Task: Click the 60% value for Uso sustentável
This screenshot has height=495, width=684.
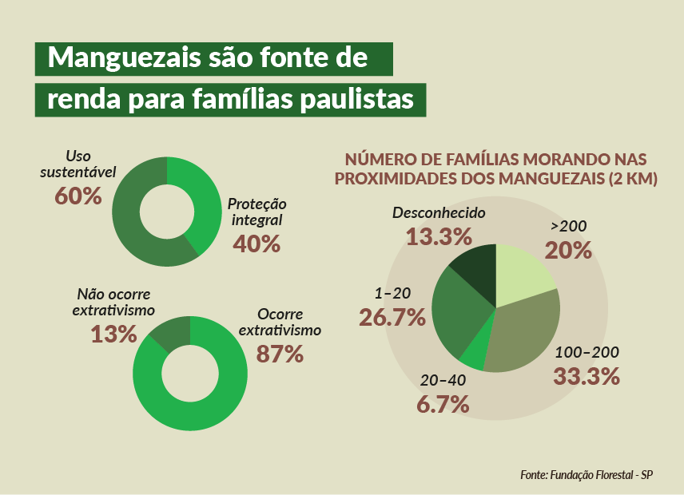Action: [x=78, y=196]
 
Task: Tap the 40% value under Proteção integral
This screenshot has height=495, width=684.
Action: [x=256, y=244]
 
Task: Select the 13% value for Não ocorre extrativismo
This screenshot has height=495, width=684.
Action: [x=113, y=334]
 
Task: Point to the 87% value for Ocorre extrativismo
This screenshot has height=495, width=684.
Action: [x=280, y=354]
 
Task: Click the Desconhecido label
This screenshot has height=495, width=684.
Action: [x=439, y=213]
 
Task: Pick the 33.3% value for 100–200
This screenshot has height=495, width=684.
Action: [x=587, y=376]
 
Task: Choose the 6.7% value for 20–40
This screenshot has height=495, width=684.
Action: [x=442, y=404]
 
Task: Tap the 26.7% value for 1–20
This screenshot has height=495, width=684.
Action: [x=392, y=318]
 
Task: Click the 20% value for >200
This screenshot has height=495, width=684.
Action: [x=568, y=251]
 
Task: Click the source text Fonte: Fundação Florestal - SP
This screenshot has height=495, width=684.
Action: [x=587, y=474]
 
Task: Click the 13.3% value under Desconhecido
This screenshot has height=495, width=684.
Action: [x=438, y=236]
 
